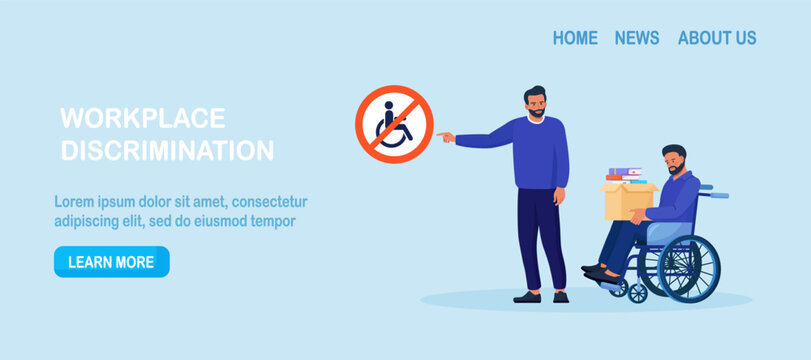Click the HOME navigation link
click(x=575, y=38)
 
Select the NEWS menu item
click(x=637, y=38)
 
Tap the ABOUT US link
click(x=717, y=38)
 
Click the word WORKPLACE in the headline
click(x=143, y=118)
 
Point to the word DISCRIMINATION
click(x=167, y=150)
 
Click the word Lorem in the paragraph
click(x=73, y=202)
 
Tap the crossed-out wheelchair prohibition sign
click(x=394, y=124)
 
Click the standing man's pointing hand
click(x=445, y=137)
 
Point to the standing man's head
click(x=535, y=101)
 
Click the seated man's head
click(x=674, y=160)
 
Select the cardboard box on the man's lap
click(x=627, y=201)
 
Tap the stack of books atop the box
click(x=625, y=175)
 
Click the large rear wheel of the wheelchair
click(x=689, y=269)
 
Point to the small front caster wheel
click(x=637, y=293)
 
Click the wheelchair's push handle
click(x=716, y=194)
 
